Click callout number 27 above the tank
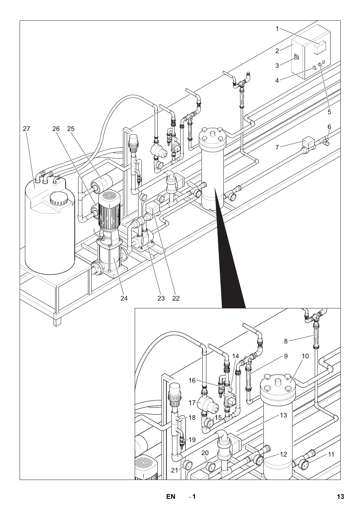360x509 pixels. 26,129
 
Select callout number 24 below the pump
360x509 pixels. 124,298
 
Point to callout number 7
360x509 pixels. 277,147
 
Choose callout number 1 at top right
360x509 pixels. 277,29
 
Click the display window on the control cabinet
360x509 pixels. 320,47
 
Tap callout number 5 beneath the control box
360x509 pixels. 329,112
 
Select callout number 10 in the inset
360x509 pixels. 305,356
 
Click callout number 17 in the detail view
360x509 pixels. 192,403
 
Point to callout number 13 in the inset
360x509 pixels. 283,415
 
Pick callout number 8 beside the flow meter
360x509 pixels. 286,341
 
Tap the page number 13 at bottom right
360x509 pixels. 341,497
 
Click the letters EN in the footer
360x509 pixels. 171,497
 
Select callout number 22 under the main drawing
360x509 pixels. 175,298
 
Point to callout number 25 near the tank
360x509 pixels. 71,129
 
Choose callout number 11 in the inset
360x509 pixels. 331,455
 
